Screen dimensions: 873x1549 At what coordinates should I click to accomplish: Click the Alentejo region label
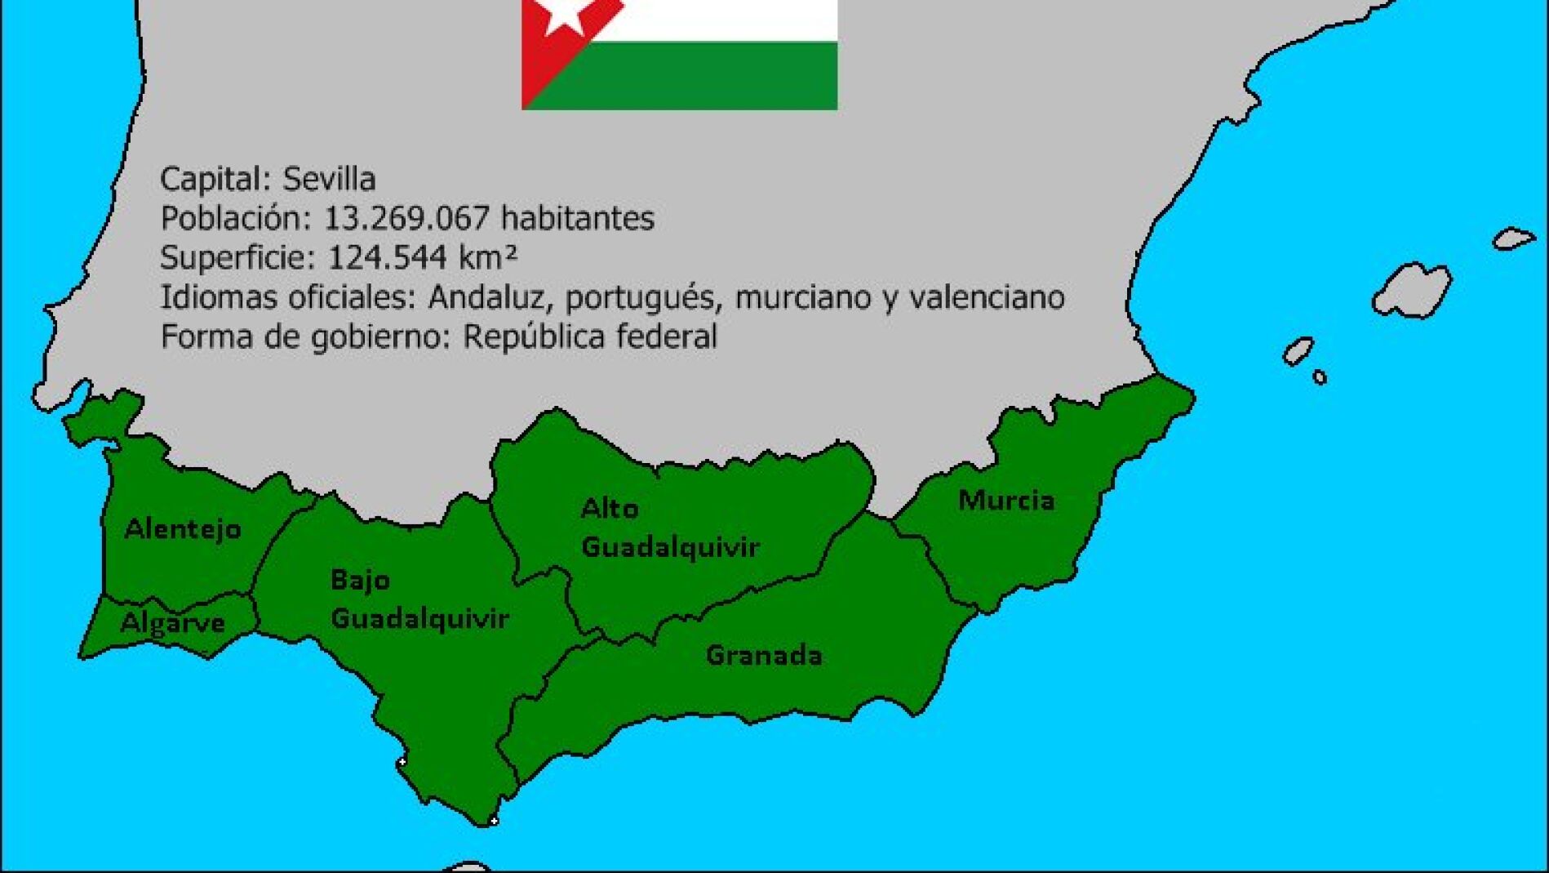[183, 529]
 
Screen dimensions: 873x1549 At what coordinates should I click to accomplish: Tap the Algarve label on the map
[172, 624]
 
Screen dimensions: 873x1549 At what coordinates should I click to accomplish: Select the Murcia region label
[1006, 500]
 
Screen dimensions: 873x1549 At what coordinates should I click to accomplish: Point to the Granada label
[764, 655]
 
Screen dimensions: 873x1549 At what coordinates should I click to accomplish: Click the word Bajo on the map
[360, 580]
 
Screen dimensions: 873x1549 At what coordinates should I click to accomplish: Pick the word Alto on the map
[610, 509]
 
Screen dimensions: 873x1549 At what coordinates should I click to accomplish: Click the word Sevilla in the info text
[329, 179]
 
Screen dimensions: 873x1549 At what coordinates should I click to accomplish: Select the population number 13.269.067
[407, 218]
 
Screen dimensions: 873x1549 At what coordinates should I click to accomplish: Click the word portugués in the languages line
[642, 297]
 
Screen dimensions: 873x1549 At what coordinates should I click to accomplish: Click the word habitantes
[577, 218]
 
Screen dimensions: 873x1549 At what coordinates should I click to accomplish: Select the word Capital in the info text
[215, 179]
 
